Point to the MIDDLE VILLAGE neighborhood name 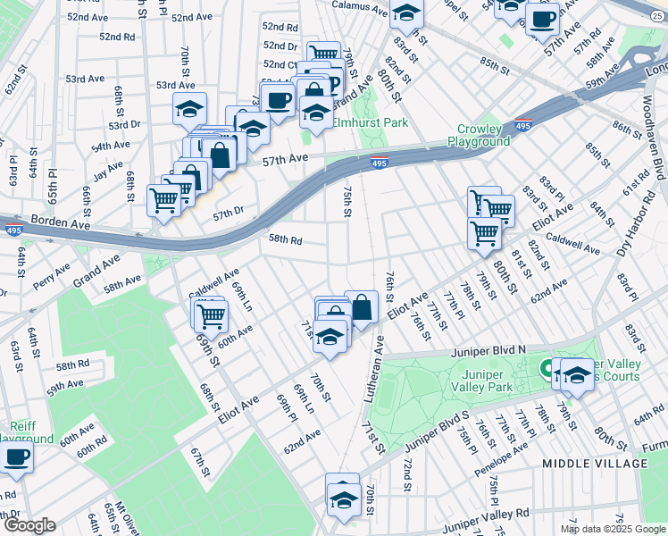(x=594, y=463)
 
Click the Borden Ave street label (x=62, y=219)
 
